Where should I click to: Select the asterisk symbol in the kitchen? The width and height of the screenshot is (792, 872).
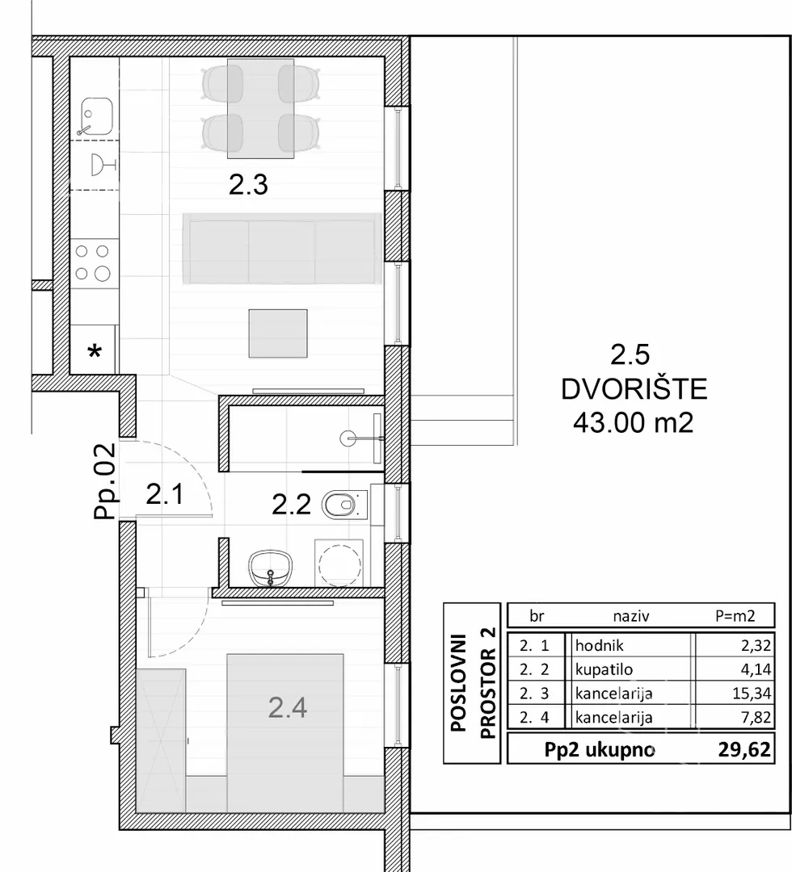pos(95,351)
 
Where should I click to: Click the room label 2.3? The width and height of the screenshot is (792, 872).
pos(248,185)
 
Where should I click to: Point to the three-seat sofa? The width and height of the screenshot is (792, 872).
pos(282,249)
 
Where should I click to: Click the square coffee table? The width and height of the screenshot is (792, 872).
pos(278,333)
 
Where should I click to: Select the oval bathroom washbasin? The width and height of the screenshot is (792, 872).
pos(271,568)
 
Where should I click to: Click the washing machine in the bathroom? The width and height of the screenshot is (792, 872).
pos(339,562)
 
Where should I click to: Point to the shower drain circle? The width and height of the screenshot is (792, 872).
pos(348,438)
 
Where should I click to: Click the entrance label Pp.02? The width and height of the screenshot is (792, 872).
pos(105,481)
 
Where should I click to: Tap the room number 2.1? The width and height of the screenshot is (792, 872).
pos(165,494)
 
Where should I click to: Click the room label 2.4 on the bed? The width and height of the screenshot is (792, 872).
pos(288,708)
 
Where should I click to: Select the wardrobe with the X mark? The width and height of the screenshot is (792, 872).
pos(161,740)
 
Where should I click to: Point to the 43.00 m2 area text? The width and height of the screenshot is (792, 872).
pos(634,423)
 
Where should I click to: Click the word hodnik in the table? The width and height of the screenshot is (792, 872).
pos(600,646)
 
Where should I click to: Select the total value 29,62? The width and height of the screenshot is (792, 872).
pos(744,749)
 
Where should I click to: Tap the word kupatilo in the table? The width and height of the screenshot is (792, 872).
pos(604,669)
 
